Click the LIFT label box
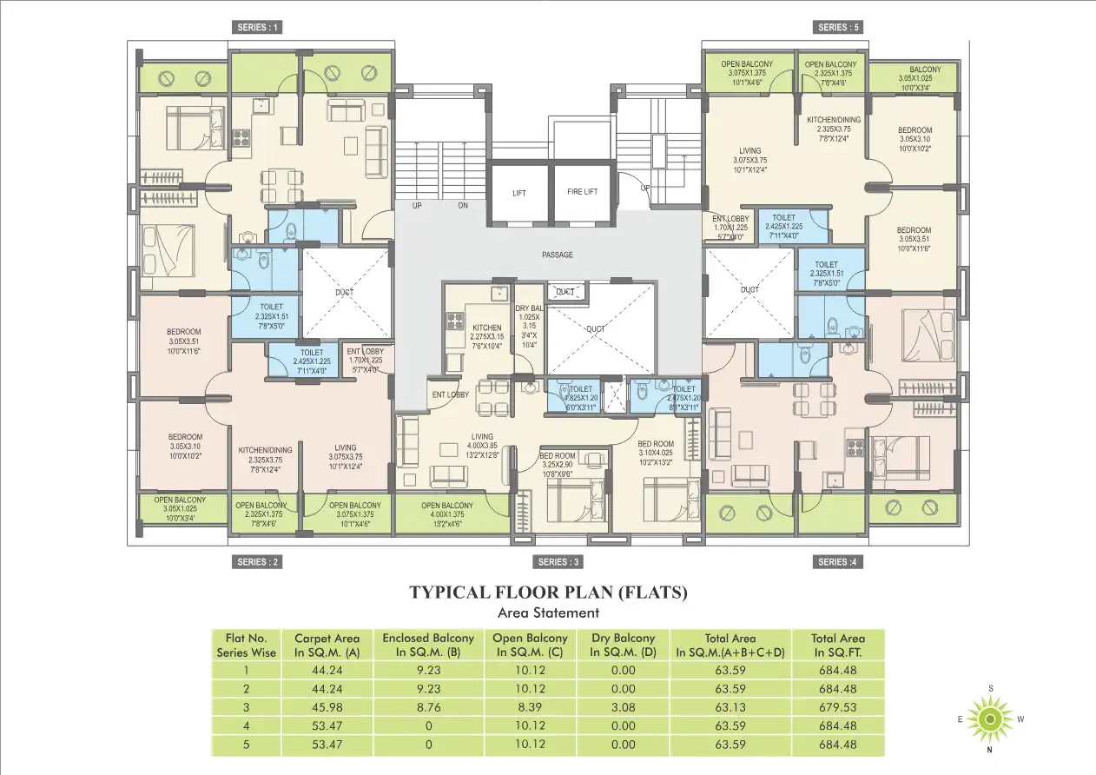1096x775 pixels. [x=519, y=193]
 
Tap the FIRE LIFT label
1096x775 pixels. [x=582, y=192]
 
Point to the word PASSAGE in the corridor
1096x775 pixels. [x=557, y=255]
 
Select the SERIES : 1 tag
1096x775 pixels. [x=258, y=27]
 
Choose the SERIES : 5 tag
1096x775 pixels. [x=838, y=27]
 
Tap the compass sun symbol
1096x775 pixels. [x=989, y=719]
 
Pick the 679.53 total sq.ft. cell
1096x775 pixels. [x=837, y=707]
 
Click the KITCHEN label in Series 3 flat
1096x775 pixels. [x=487, y=328]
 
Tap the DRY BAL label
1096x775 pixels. [x=530, y=308]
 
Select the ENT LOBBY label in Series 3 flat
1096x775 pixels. [x=450, y=394]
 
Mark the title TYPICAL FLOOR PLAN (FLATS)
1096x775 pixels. [x=548, y=593]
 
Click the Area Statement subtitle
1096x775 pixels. [x=548, y=613]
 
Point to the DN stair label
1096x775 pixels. [x=463, y=206]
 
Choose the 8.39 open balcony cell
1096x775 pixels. [x=530, y=707]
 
